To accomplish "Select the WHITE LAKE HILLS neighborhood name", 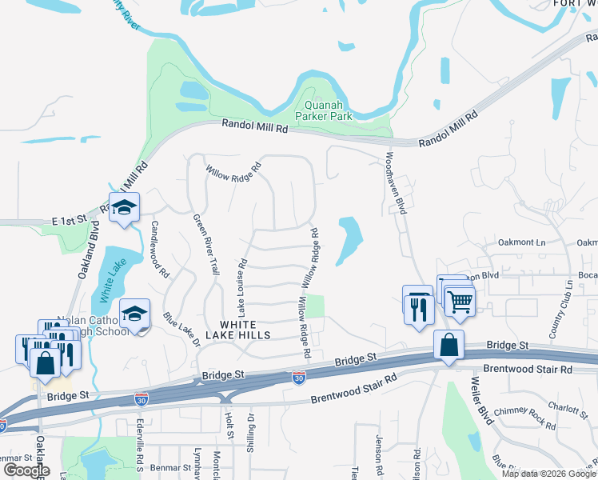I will point(245,329).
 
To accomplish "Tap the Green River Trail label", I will point(205,245).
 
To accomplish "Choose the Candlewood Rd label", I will point(159,249).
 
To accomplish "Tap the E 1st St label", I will point(68,220).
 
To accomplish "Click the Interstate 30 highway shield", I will point(299,376).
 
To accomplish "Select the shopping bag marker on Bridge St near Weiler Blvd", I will point(449,345).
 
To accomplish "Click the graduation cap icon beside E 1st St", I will point(124,208).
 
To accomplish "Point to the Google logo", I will point(26,470).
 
